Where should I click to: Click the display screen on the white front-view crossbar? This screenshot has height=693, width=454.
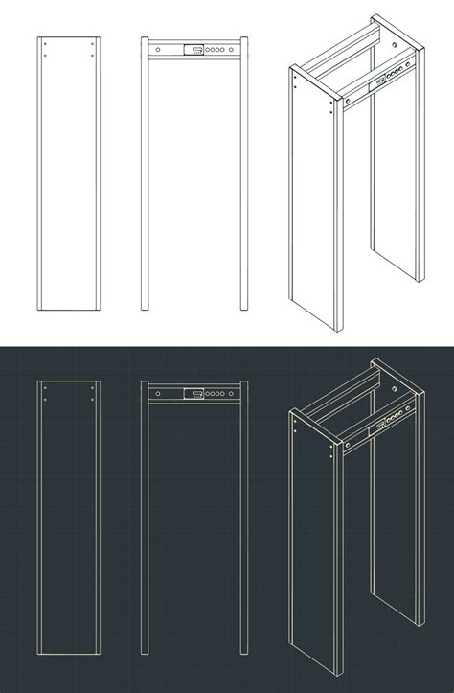click(192, 47)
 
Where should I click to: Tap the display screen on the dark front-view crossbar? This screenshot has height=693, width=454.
click(192, 392)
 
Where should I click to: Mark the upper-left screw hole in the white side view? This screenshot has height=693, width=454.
click(44, 45)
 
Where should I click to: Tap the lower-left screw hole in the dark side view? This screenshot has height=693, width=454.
click(44, 400)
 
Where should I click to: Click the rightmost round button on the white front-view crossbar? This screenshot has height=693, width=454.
click(230, 47)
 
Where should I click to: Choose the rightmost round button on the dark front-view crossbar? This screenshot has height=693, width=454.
click(230, 392)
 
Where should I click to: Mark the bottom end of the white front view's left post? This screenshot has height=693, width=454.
click(146, 308)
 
